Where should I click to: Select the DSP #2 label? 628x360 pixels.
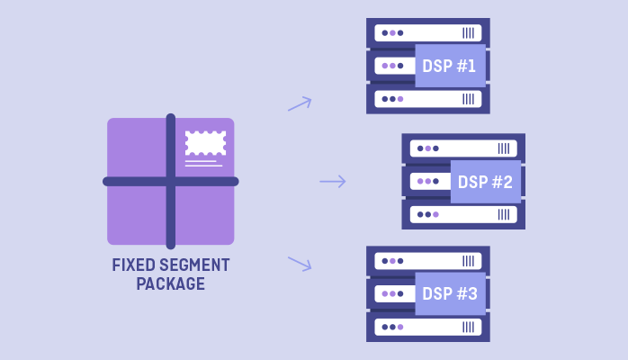tap(485, 182)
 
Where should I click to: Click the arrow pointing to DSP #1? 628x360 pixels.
tap(300, 104)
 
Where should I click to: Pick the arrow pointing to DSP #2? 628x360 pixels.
tap(333, 182)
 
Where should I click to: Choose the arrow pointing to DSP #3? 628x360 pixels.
tap(300, 263)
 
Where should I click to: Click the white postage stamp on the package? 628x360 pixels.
tap(205, 143)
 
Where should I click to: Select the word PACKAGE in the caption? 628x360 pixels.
tap(171, 284)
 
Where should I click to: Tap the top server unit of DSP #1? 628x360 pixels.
tap(427, 33)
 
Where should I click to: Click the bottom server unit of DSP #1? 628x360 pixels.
tap(427, 99)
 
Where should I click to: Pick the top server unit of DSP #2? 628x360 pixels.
tap(462, 148)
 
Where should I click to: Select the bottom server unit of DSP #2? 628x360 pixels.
tap(462, 214)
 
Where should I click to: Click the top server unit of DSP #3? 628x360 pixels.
tap(427, 261)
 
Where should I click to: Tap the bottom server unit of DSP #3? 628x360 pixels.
tap(427, 327)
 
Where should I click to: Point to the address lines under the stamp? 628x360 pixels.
tap(203, 164)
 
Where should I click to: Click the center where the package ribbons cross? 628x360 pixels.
tap(171, 182)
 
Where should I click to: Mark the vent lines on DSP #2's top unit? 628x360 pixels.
tap(504, 148)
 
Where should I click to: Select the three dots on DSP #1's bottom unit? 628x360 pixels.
tap(392, 99)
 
